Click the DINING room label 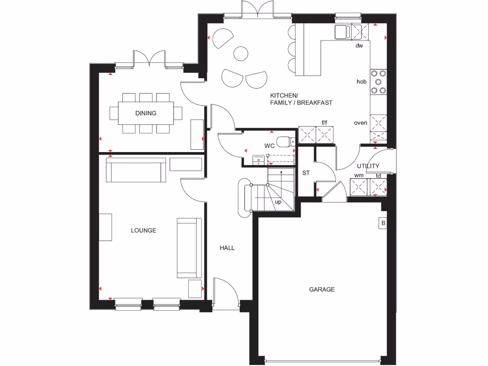pyautogui.click(x=145, y=113)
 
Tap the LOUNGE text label pyautogui.click(x=143, y=231)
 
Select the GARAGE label pyautogui.click(x=322, y=289)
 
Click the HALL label pyautogui.click(x=227, y=248)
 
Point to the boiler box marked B pyautogui.click(x=382, y=223)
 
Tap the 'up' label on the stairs pyautogui.click(x=278, y=202)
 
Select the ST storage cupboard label pyautogui.click(x=305, y=173)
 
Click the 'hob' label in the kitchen pyautogui.click(x=362, y=81)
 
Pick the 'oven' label pyautogui.click(x=360, y=122)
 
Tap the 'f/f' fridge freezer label pyautogui.click(x=325, y=122)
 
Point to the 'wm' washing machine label pyautogui.click(x=358, y=175)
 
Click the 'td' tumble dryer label pyautogui.click(x=378, y=175)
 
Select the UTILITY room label pyautogui.click(x=368, y=166)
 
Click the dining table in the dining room pyautogui.click(x=145, y=113)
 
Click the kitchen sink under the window pyautogui.click(x=342, y=32)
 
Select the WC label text pyautogui.click(x=269, y=146)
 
